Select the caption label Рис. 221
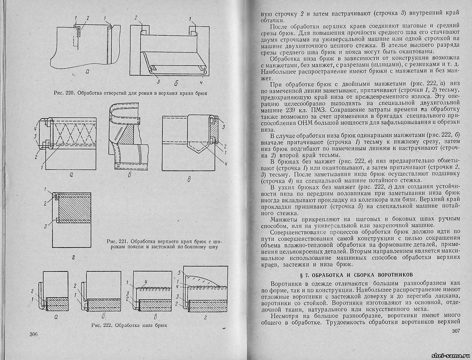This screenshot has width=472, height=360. click(117, 241)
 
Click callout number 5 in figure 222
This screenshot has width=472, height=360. click(179, 273)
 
